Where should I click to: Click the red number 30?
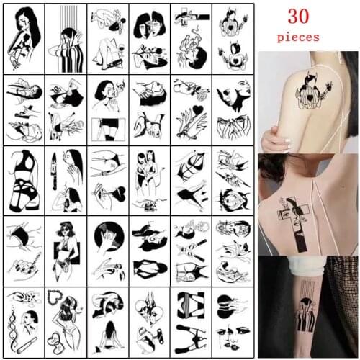point(307,15)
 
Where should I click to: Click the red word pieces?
point(307,35)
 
